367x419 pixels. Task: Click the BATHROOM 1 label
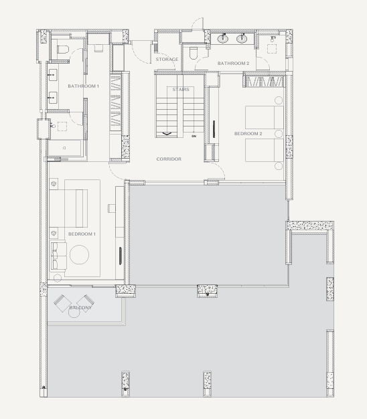click(x=84, y=86)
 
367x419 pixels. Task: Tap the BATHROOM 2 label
click(x=233, y=64)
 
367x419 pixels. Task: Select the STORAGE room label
click(x=167, y=60)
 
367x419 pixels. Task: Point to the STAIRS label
click(x=181, y=90)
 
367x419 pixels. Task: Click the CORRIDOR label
click(x=169, y=159)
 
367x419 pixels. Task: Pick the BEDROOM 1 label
click(x=82, y=234)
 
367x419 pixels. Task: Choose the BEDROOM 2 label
click(x=248, y=134)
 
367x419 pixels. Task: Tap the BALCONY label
click(x=80, y=308)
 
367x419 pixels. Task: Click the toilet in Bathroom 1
click(x=63, y=50)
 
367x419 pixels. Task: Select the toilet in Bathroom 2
click(x=194, y=53)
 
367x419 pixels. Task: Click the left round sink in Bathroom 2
click(x=223, y=39)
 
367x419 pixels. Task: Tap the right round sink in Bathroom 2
click(x=242, y=39)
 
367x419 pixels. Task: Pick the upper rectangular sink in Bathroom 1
click(x=52, y=75)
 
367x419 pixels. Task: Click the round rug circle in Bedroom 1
click(x=80, y=254)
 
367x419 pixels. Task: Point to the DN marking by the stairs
click(x=194, y=137)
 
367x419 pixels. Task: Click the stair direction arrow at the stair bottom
click(x=167, y=133)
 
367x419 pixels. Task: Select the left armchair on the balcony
click(x=62, y=303)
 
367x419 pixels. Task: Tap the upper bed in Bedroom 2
click(x=264, y=118)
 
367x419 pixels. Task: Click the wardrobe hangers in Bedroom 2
click(x=264, y=82)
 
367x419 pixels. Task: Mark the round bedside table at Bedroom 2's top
click(x=279, y=100)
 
